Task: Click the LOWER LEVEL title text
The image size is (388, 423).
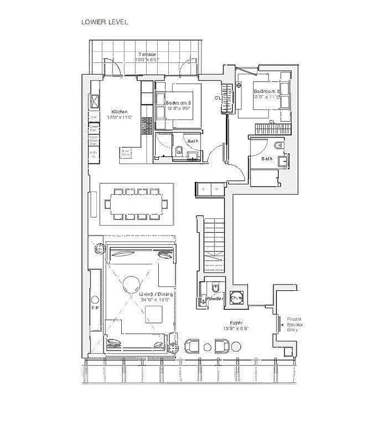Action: tap(104, 22)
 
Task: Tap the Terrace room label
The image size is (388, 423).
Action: tap(146, 54)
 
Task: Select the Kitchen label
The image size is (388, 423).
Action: tap(119, 112)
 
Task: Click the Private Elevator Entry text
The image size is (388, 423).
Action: tap(294, 324)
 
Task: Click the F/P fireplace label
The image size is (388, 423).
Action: tap(95, 307)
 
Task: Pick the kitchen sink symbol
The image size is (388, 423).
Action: tap(95, 100)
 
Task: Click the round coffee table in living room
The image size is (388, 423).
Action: tap(131, 286)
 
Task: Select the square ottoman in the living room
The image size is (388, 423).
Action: tap(154, 314)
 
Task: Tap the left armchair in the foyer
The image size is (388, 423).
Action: tap(191, 346)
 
